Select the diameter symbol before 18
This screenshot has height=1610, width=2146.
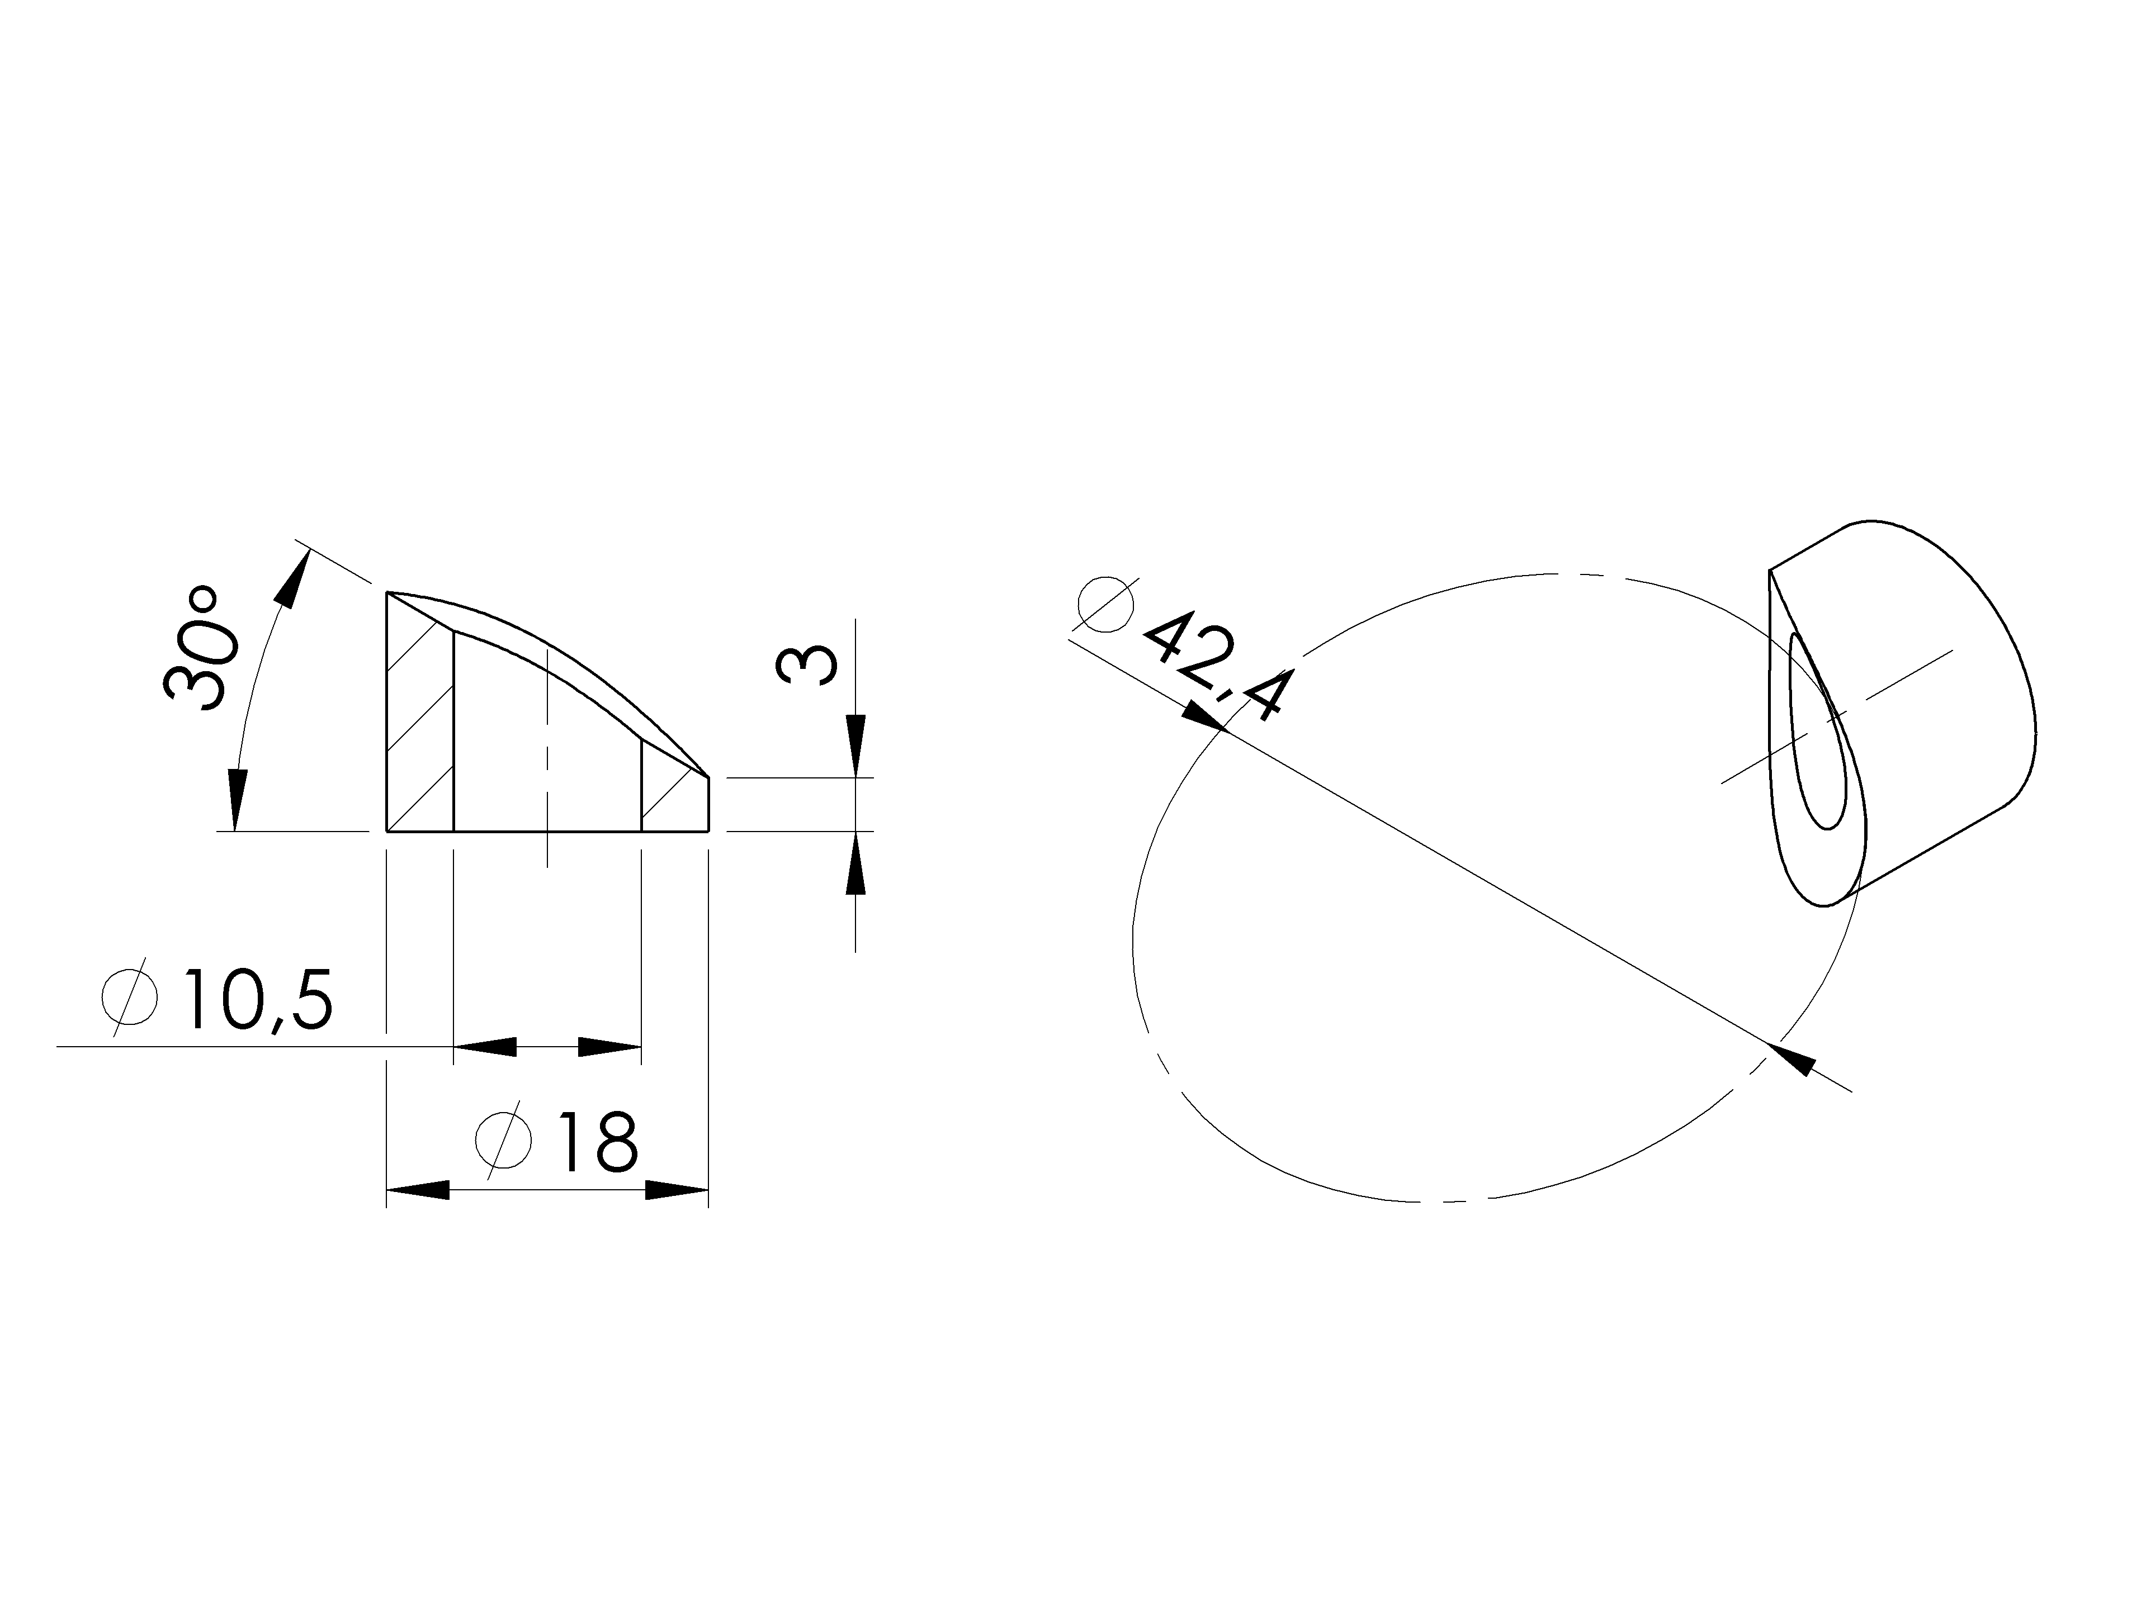point(504,1139)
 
